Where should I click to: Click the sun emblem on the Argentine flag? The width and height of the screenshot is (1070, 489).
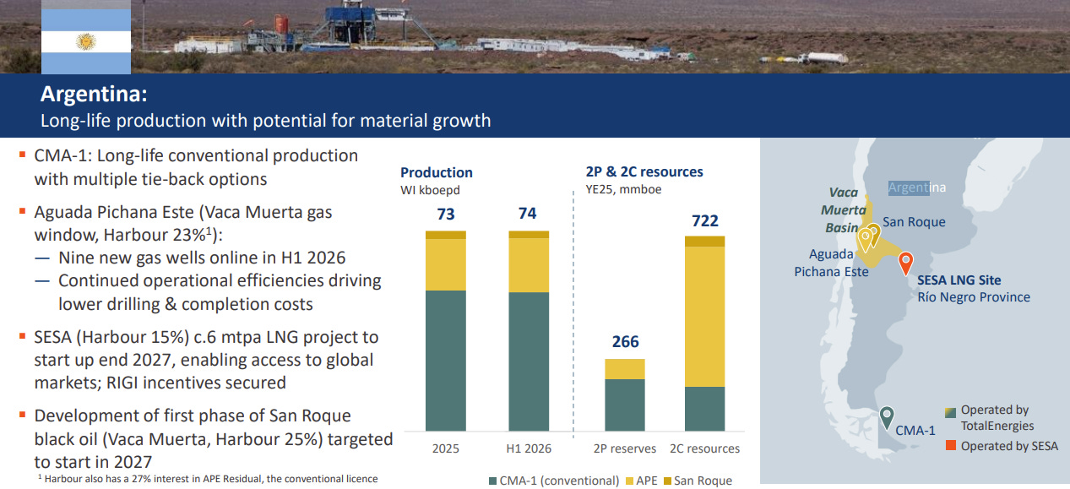pyautogui.click(x=86, y=42)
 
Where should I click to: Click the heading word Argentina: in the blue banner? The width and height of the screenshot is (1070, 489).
pyautogui.click(x=94, y=94)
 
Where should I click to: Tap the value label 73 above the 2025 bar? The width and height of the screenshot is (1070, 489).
pyautogui.click(x=446, y=214)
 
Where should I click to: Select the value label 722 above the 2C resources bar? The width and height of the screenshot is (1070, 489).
pyautogui.click(x=705, y=220)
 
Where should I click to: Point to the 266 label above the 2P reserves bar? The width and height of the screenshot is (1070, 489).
pyautogui.click(x=625, y=341)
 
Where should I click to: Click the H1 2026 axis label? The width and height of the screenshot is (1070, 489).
pyautogui.click(x=529, y=448)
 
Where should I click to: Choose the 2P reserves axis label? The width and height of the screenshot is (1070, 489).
pyautogui.click(x=625, y=448)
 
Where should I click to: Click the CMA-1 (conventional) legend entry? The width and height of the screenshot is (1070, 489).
pyautogui.click(x=554, y=481)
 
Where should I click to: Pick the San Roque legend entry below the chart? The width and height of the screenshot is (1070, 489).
pyautogui.click(x=698, y=481)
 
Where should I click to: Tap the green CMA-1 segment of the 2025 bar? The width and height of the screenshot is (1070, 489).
pyautogui.click(x=446, y=361)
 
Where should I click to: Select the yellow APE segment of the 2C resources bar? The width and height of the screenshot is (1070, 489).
pyautogui.click(x=704, y=317)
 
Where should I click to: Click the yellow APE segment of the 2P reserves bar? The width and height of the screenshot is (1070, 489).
pyautogui.click(x=625, y=369)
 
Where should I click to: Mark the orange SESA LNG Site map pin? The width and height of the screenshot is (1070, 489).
pyautogui.click(x=905, y=264)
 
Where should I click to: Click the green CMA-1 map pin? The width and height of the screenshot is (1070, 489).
pyautogui.click(x=887, y=417)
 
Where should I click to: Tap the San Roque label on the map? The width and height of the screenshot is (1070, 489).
pyautogui.click(x=914, y=222)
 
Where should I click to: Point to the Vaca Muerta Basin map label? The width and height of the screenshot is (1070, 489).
pyautogui.click(x=843, y=210)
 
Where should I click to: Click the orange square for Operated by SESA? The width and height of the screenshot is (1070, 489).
pyautogui.click(x=951, y=446)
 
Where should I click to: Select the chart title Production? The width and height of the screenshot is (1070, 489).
pyautogui.click(x=436, y=172)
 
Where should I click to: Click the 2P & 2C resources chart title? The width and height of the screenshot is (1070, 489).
pyautogui.click(x=644, y=171)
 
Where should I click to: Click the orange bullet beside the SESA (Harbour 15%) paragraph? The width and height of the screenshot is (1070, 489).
pyautogui.click(x=22, y=336)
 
